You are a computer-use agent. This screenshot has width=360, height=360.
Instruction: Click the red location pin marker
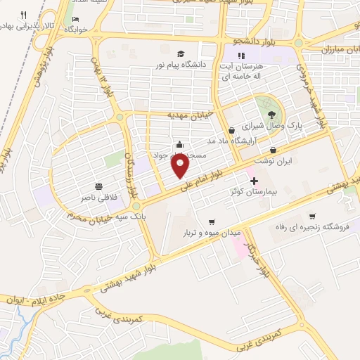tap(181, 166)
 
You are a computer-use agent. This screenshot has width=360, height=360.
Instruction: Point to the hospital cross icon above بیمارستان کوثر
tap(254, 181)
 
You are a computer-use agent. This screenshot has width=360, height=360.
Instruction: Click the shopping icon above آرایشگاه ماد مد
tap(231, 129)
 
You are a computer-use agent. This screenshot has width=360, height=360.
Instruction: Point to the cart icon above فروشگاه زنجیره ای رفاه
tap(311, 217)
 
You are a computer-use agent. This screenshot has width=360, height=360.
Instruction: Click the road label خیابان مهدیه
tap(189, 114)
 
